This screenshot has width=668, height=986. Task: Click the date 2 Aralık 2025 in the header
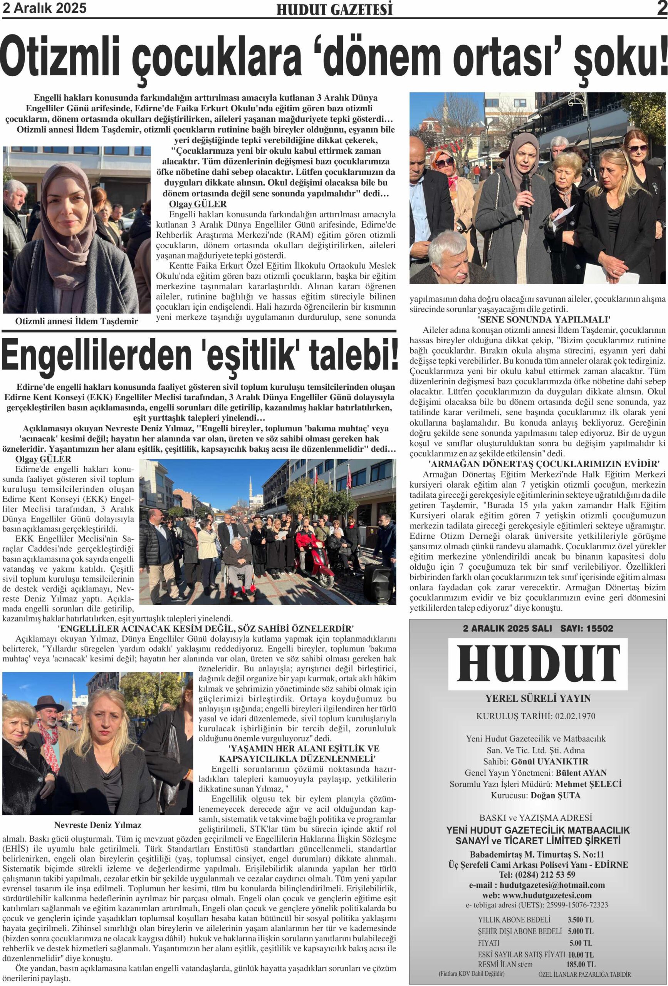click(45, 8)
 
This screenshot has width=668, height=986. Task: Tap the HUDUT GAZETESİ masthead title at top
click(334, 9)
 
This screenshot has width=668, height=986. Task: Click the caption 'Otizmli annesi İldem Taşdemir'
click(76, 321)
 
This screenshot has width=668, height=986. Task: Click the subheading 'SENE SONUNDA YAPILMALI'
click(537, 320)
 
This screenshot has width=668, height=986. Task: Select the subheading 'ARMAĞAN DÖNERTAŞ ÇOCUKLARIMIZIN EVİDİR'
click(537, 463)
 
